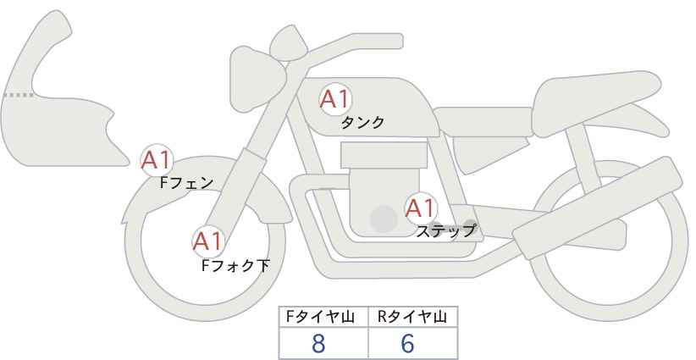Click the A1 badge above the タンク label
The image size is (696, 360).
pos(334,100)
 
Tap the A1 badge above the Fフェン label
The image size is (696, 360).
pos(157,158)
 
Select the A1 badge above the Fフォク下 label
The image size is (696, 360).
pos(207,241)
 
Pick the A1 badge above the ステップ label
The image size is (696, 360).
pos(420,207)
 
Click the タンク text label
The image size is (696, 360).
pos(362,123)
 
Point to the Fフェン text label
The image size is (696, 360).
pos(186,181)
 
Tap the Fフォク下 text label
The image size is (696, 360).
pos(235,265)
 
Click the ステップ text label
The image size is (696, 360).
pos(445,230)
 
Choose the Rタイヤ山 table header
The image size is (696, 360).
pos(412,317)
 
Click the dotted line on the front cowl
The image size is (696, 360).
pos(18,95)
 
